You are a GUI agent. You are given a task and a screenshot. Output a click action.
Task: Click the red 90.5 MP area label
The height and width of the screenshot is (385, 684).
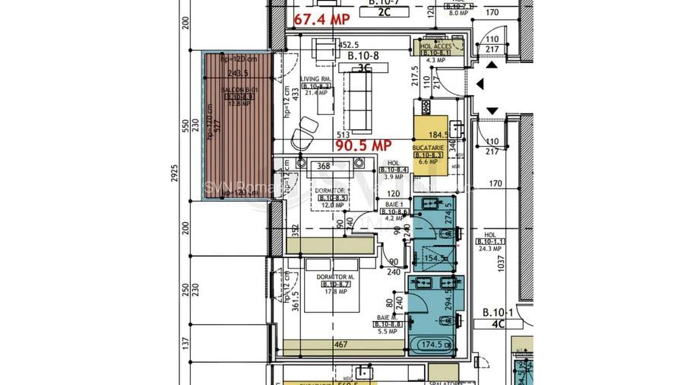(363, 145)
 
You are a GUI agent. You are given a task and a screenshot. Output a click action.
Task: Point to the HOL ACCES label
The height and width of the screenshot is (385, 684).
(436, 46)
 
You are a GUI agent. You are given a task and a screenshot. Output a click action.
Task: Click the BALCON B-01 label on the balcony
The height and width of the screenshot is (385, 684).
(234, 90)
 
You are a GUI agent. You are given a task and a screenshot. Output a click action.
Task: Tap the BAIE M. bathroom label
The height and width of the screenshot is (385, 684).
(385, 317)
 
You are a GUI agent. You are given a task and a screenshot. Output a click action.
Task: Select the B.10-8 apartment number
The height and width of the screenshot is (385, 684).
(363, 56)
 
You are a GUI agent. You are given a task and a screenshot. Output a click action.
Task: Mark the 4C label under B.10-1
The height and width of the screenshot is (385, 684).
(499, 323)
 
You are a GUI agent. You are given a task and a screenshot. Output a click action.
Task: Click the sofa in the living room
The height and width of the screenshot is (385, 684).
(356, 99)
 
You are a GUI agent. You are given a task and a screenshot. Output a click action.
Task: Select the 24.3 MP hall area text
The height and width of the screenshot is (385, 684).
(489, 248)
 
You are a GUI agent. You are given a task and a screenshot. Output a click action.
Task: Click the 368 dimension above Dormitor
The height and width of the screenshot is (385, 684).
(325, 166)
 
